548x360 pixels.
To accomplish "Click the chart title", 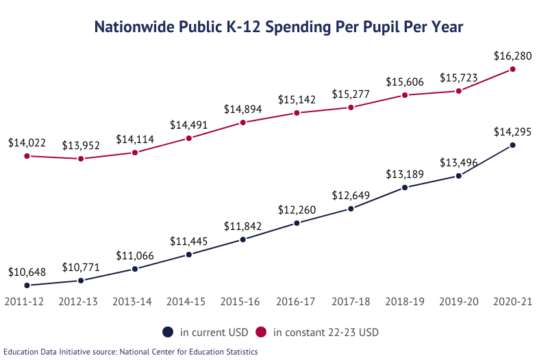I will (x=278, y=27).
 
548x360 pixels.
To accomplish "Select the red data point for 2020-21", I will (x=512, y=68).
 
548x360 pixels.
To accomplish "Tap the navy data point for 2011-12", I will (x=27, y=285).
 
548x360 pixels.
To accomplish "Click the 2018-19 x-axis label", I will (x=405, y=301).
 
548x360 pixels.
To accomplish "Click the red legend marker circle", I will (x=260, y=333).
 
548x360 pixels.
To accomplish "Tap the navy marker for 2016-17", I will (x=297, y=222).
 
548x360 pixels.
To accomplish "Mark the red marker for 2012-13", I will (x=81, y=159).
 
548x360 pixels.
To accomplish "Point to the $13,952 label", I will (x=81, y=146).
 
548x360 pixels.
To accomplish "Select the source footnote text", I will (x=130, y=352).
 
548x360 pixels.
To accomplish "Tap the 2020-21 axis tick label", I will (x=512, y=301).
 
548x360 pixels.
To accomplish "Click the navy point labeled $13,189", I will (x=405, y=188).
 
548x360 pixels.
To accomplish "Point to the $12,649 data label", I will (x=351, y=196).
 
